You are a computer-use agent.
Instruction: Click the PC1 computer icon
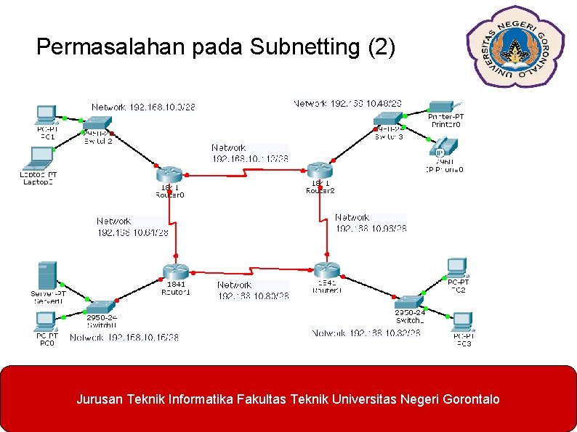pyautogui.click(x=46, y=115)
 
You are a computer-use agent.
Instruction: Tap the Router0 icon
pyautogui.click(x=170, y=174)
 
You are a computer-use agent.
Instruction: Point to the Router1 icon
pyautogui.click(x=176, y=272)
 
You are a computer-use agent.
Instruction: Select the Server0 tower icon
pyautogui.click(x=48, y=276)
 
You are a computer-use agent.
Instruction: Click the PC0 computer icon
pyautogui.click(x=46, y=320)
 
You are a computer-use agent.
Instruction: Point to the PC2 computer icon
pyautogui.click(x=457, y=267)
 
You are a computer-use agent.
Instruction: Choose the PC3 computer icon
pyautogui.click(x=463, y=321)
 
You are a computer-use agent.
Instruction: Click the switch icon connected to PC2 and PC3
pyautogui.click(x=409, y=302)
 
